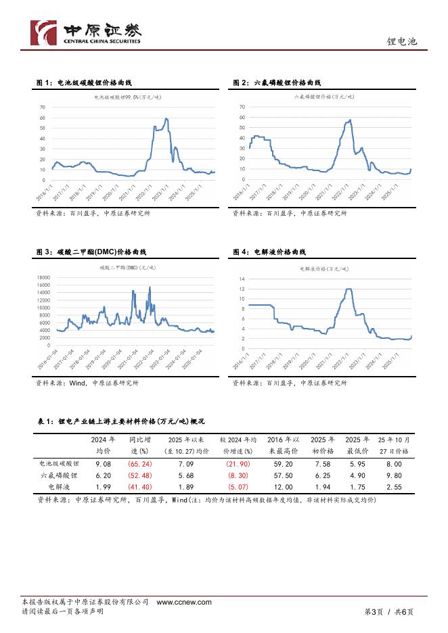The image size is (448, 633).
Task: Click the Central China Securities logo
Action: pos(88,32)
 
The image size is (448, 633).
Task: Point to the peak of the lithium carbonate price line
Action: pos(166,119)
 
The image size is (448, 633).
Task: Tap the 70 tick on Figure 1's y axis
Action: pos(43,107)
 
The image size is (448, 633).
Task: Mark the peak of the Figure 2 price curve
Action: pos(349,120)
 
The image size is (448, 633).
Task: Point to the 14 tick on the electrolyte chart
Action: pos(242,279)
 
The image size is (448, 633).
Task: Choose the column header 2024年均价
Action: pos(104,445)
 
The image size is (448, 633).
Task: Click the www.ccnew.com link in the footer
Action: pos(184,602)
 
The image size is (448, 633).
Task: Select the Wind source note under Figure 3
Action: pos(87,383)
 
